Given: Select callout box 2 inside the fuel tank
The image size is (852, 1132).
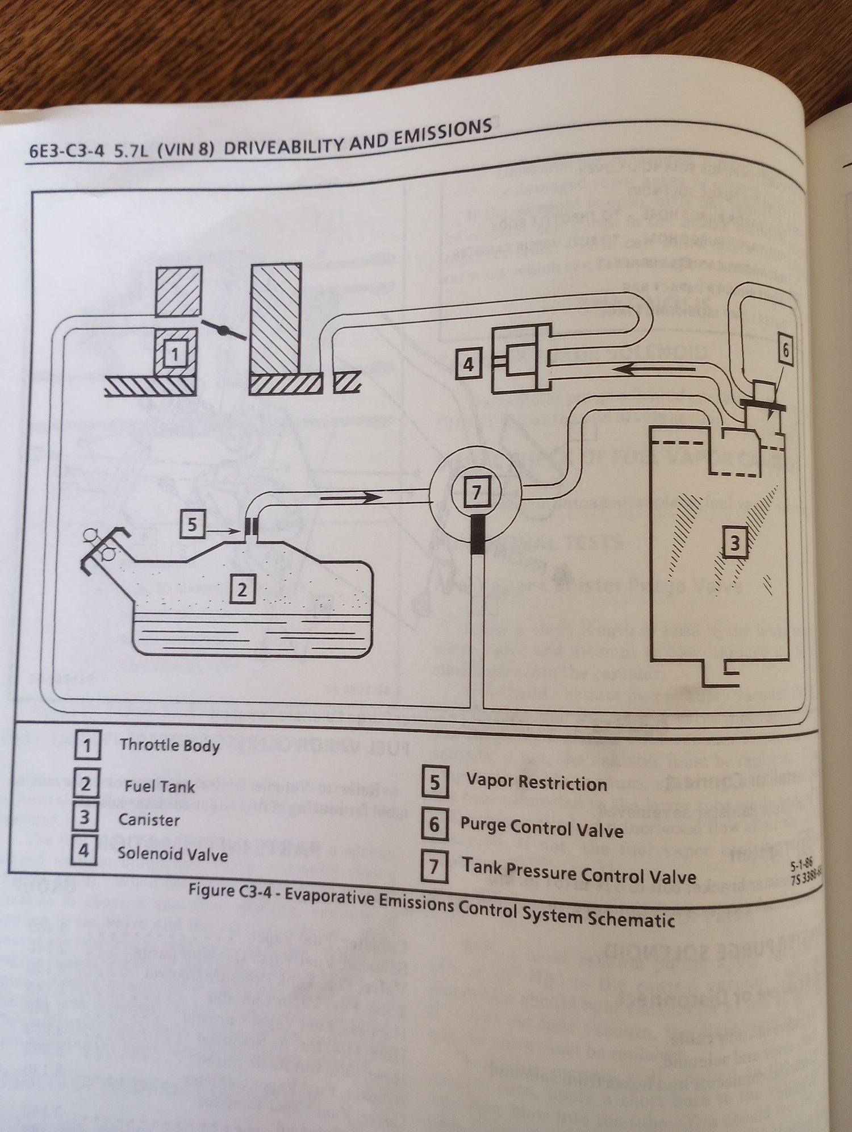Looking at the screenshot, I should [x=243, y=590].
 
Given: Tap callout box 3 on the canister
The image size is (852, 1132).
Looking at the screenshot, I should [x=734, y=544].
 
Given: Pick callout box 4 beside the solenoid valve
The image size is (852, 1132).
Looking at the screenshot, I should [x=468, y=364].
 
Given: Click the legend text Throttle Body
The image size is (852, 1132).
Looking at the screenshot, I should [x=169, y=745].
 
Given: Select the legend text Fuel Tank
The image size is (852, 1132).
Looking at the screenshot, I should [x=160, y=786].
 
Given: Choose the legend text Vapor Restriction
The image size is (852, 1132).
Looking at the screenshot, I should [x=536, y=784].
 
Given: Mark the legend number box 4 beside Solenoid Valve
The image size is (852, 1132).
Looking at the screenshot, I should [x=83, y=852].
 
